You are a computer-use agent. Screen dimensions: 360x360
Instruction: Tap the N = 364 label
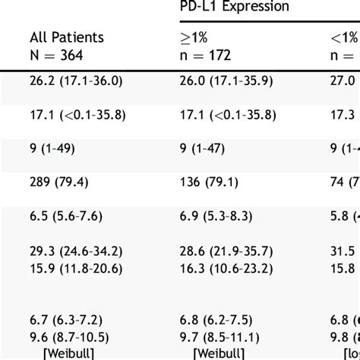(56, 54)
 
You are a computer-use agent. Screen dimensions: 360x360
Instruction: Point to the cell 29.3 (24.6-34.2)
(74, 250)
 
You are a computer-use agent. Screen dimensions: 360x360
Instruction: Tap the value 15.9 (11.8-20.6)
(74, 267)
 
